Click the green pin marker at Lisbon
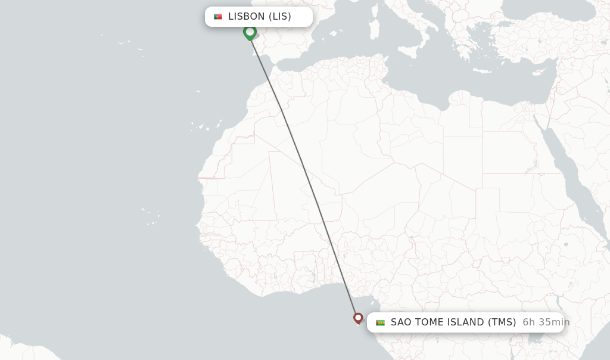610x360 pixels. (250, 32)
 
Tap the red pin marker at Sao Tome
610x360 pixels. (358, 318)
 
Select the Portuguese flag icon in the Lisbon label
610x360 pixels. (218, 17)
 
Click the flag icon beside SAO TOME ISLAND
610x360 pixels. (380, 322)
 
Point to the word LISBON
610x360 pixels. (247, 17)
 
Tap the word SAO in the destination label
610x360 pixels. (401, 322)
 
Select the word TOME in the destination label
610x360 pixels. (429, 322)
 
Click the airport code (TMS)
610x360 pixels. (502, 322)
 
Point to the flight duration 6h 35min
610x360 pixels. (546, 322)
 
